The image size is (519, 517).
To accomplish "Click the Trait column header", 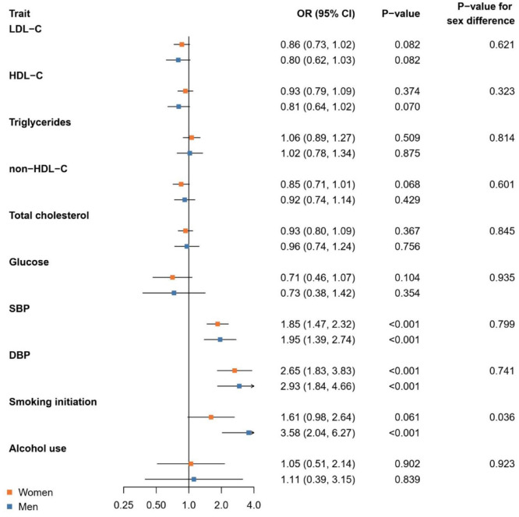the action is tap(19, 13).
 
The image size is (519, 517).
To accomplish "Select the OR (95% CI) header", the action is tap(326, 14).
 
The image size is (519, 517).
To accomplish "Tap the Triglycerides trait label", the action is tap(40, 123).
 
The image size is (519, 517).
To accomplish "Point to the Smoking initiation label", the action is tap(53, 402).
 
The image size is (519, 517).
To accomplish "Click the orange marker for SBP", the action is tap(217, 324).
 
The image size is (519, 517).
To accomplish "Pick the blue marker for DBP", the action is tap(239, 386).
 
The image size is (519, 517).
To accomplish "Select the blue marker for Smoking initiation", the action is tap(249, 433).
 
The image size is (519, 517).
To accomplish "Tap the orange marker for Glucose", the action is tap(172, 277).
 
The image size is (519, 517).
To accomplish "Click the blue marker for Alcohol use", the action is tap(194, 480).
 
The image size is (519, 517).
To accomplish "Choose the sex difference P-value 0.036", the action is tap(502, 417).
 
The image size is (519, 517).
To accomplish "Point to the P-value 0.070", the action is tap(407, 107).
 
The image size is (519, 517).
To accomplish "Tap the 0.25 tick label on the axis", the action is tap(123, 505).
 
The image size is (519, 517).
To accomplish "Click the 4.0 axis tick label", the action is tap(254, 505).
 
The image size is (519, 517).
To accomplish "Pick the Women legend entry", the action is tap(30, 493).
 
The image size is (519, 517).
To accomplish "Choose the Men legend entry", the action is tap(23, 507).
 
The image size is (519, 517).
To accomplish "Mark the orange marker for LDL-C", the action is tap(182, 44).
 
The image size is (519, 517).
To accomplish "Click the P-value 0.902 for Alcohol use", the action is tap(407, 464).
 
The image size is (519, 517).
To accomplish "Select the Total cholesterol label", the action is tap(49, 216).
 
